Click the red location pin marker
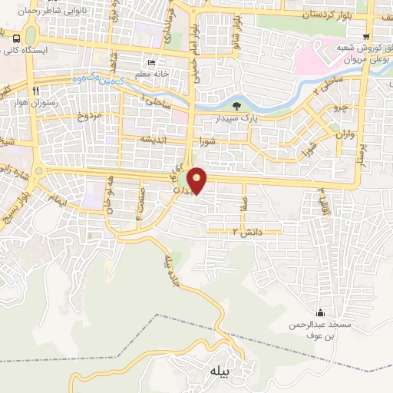pos(197,180)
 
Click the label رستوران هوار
pos(30,103)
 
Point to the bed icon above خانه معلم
pos(151,62)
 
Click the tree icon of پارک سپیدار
pos(236,107)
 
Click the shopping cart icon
pos(366,35)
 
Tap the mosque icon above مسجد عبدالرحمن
pos(320,313)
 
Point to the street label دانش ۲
pos(246,230)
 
